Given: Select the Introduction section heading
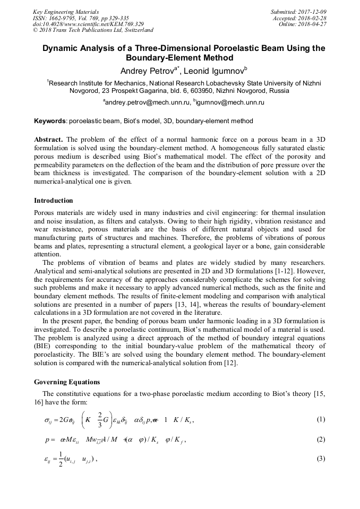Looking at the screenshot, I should (x=54, y=201).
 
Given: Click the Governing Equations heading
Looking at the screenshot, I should (x=66, y=382).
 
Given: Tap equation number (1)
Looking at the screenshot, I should (x=320, y=419).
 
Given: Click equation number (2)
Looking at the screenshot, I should (x=320, y=439).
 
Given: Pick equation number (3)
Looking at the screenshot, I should (x=320, y=459).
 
